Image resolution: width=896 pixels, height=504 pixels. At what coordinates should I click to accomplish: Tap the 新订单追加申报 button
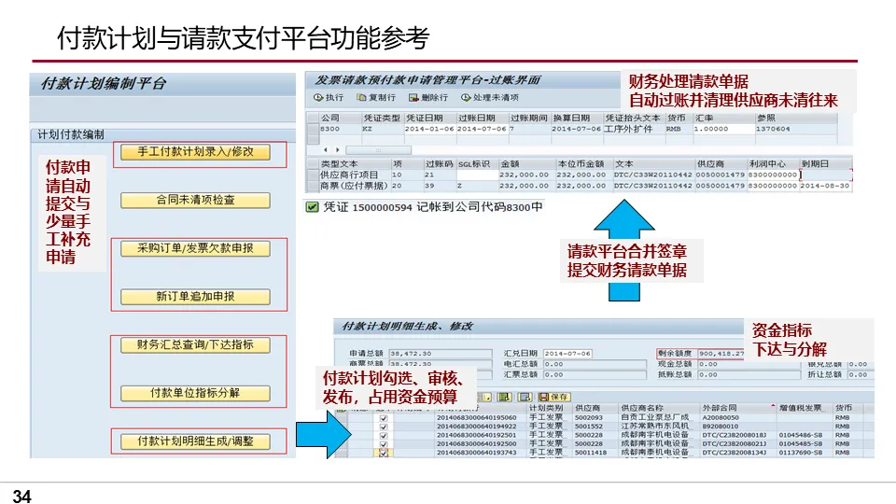click(195, 297)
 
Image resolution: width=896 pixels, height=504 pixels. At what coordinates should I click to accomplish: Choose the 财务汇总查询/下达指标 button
click(195, 345)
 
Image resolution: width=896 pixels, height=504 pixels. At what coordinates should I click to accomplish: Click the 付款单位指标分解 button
click(195, 393)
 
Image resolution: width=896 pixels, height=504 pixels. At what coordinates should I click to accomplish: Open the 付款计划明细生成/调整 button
click(195, 441)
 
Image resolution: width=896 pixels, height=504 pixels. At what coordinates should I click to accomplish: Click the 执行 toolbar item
click(329, 98)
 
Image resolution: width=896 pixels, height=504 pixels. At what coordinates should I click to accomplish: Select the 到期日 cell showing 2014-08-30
click(825, 186)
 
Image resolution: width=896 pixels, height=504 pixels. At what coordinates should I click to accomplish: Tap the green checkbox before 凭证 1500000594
click(312, 207)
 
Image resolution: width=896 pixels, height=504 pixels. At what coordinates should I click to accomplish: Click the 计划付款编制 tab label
click(71, 134)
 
